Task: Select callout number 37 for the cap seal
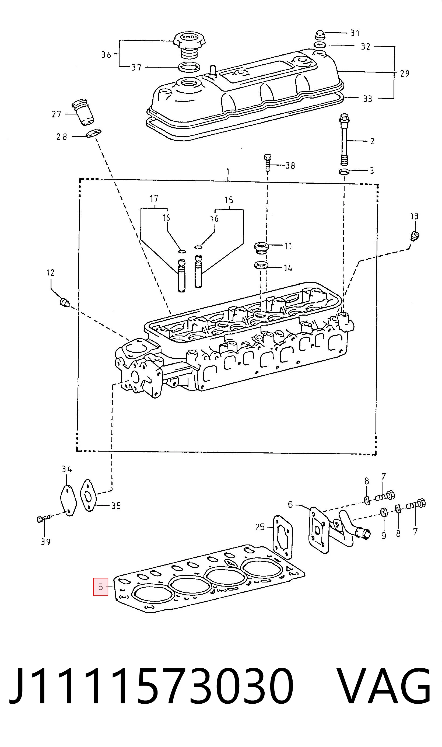(136, 68)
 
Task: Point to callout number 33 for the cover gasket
(367, 99)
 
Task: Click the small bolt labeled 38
(268, 163)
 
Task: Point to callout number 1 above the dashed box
(228, 172)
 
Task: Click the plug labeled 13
(415, 236)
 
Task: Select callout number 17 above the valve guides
(154, 198)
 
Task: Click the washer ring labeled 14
(261, 265)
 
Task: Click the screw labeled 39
(44, 519)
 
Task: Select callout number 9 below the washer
(384, 535)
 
